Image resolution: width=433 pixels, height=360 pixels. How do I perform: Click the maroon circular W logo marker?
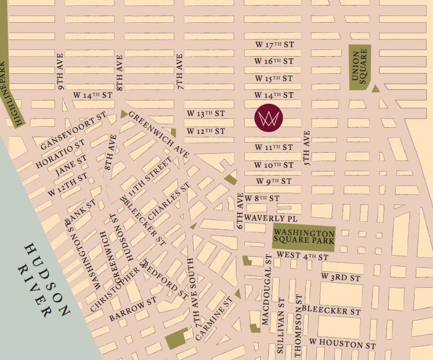click(x=268, y=118)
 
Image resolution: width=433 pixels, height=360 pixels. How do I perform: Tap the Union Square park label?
click(x=360, y=66)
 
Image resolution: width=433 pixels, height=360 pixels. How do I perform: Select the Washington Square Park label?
click(x=304, y=237)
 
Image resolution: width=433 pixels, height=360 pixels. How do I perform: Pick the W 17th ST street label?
click(x=273, y=44)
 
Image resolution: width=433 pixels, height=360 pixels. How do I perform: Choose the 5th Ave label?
click(x=307, y=149)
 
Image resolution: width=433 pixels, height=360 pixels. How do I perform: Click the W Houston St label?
click(x=343, y=344)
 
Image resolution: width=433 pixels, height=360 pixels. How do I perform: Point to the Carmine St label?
click(x=214, y=318)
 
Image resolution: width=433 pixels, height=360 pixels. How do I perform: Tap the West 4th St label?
click(x=302, y=257)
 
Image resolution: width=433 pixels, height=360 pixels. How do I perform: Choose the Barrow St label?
click(x=133, y=309)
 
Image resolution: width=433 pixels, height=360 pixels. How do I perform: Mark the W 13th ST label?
click(x=205, y=113)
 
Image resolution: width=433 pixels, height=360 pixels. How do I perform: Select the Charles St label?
click(x=170, y=198)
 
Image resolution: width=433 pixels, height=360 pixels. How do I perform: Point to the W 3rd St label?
click(x=341, y=276)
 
